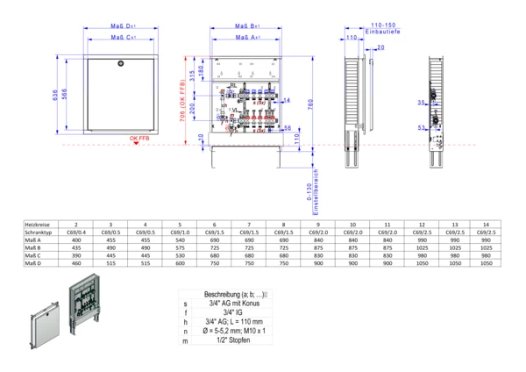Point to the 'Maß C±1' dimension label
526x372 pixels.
(122, 39)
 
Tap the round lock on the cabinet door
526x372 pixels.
(121, 63)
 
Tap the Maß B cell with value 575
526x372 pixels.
(179, 247)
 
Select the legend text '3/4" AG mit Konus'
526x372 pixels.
(236, 303)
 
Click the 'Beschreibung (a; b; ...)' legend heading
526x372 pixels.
(236, 294)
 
